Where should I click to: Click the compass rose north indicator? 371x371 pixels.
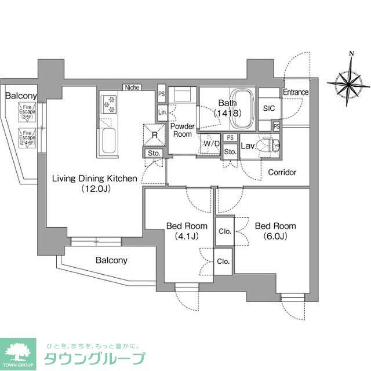348,84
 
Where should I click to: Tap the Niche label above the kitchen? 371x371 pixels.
132,88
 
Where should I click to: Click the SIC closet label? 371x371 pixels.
269,108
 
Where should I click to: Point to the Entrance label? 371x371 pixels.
296,93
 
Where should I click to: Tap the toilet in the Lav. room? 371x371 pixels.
270,145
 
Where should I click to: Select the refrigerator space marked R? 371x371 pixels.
155,134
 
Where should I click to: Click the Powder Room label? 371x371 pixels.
182,130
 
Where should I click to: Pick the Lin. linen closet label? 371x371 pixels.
163,112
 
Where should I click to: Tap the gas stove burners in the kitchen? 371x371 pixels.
108,104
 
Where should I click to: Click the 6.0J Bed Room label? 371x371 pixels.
275,231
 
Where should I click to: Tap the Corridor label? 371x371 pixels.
282,172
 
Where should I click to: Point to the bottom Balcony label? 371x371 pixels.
111,260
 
